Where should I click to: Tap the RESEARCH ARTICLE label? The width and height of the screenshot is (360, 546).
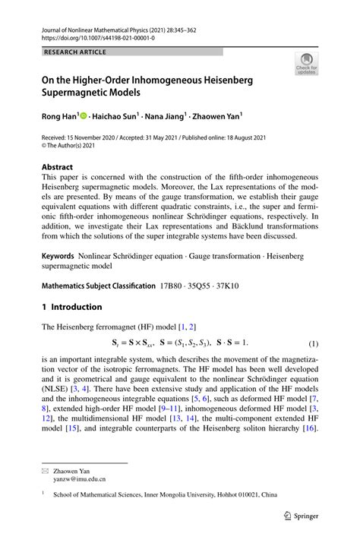75,52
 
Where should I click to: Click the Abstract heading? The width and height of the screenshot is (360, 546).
57,167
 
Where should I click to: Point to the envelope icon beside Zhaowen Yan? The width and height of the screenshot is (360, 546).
46,471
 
